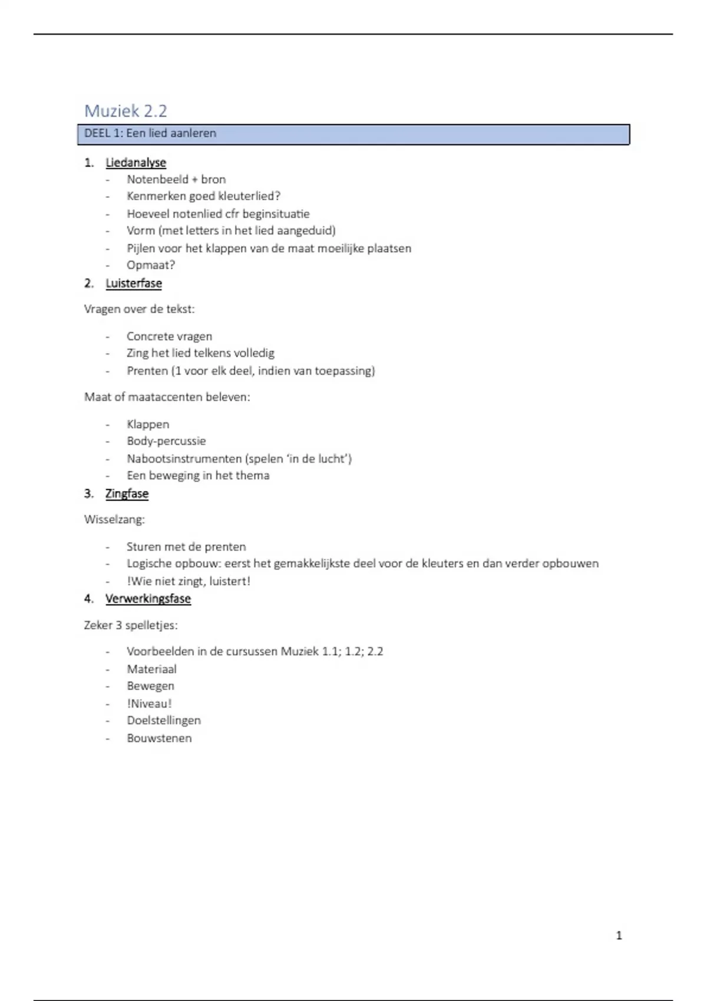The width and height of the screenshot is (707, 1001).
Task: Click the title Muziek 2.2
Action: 125,111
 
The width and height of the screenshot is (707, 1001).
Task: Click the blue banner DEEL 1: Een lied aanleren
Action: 353,134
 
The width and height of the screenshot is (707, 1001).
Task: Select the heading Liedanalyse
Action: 136,163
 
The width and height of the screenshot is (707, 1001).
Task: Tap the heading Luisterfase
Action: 134,283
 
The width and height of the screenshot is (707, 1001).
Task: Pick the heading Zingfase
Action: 127,493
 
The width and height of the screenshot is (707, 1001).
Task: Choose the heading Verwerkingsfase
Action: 148,599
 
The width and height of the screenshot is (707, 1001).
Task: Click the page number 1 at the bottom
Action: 619,935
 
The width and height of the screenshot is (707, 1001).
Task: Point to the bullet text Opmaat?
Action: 151,265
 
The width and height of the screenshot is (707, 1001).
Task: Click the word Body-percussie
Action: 166,441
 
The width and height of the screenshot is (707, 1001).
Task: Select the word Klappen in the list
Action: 148,424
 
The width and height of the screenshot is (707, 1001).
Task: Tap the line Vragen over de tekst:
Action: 139,309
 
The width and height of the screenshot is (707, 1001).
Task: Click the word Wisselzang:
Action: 114,519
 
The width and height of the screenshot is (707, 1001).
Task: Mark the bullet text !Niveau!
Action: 149,703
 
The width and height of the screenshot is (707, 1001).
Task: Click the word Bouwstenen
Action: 159,738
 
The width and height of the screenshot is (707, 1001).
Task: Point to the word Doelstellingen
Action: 164,720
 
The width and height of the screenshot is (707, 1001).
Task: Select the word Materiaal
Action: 151,669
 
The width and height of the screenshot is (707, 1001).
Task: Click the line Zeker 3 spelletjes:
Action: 130,625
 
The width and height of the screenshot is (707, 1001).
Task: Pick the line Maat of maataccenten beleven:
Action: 167,397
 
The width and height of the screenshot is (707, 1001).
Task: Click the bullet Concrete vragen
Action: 169,336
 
